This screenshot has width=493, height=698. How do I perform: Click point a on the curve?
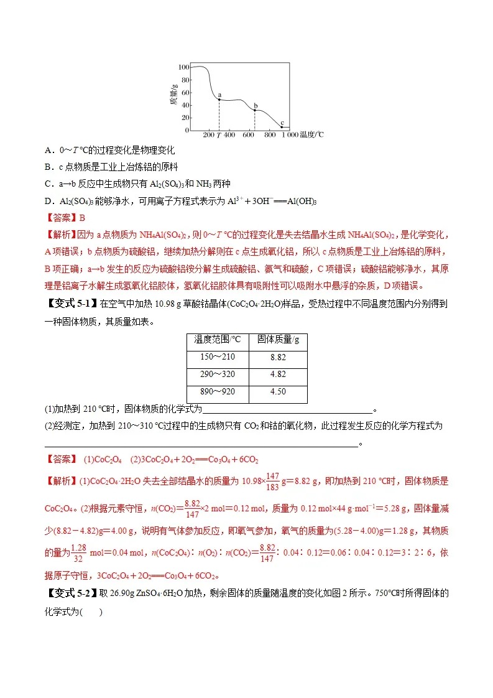pyautogui.click(x=219, y=100)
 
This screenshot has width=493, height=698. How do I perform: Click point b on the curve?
pyautogui.click(x=254, y=111)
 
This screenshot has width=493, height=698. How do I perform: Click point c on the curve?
pyautogui.click(x=282, y=127)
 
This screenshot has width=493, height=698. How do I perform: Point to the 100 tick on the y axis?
pyautogui.click(x=183, y=67)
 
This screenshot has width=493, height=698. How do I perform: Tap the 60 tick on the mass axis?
pyautogui.click(x=185, y=92)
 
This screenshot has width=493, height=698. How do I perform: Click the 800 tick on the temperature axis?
pyautogui.click(x=270, y=135)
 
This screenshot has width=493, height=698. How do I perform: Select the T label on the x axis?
pyautogui.click(x=219, y=135)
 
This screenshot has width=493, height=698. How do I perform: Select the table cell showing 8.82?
pyautogui.click(x=278, y=360)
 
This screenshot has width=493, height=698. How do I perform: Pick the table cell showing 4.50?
pyautogui.click(x=278, y=394)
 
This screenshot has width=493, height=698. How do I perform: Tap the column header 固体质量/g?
pyautogui.click(x=278, y=342)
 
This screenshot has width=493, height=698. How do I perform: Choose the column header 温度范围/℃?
pyautogui.click(x=218, y=342)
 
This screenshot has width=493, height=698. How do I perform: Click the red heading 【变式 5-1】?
pyautogui.click(x=71, y=304)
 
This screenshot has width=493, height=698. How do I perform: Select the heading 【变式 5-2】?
pyautogui.click(x=71, y=593)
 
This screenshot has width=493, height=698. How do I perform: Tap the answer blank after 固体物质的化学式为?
pyautogui.click(x=287, y=410)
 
